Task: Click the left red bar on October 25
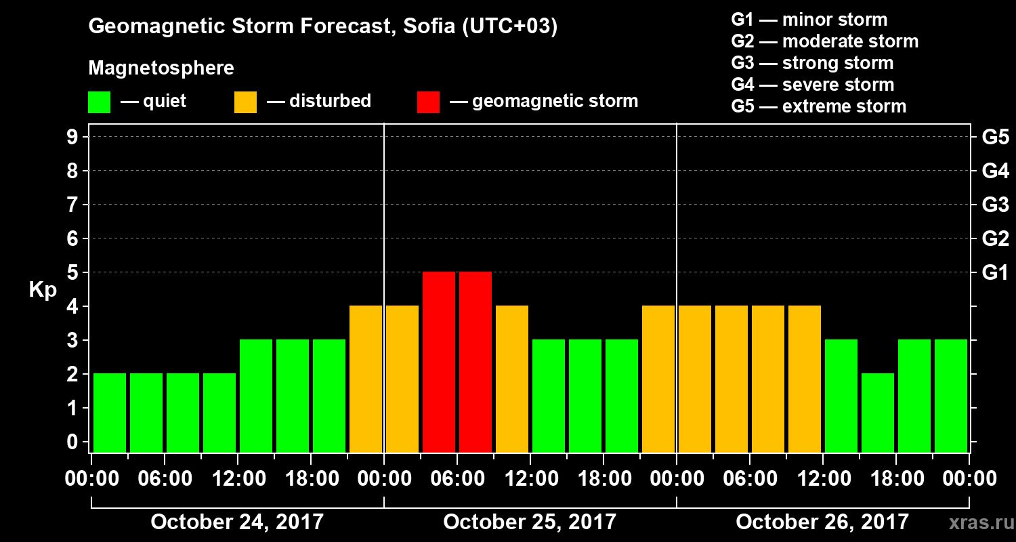[439, 362]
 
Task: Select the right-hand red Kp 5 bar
[475, 362]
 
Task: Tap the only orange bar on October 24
[366, 379]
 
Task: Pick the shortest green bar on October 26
[878, 413]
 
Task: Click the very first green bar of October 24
[110, 413]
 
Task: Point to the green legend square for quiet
[100, 102]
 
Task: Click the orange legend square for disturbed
[246, 102]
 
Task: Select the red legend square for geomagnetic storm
[429, 102]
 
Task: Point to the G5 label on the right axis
[995, 138]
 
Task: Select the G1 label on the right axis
[995, 273]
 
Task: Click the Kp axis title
[43, 290]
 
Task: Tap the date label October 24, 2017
[237, 522]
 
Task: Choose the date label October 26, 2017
[822, 522]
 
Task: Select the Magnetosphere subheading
[161, 68]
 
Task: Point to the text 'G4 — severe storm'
[813, 85]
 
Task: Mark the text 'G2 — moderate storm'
[825, 41]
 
